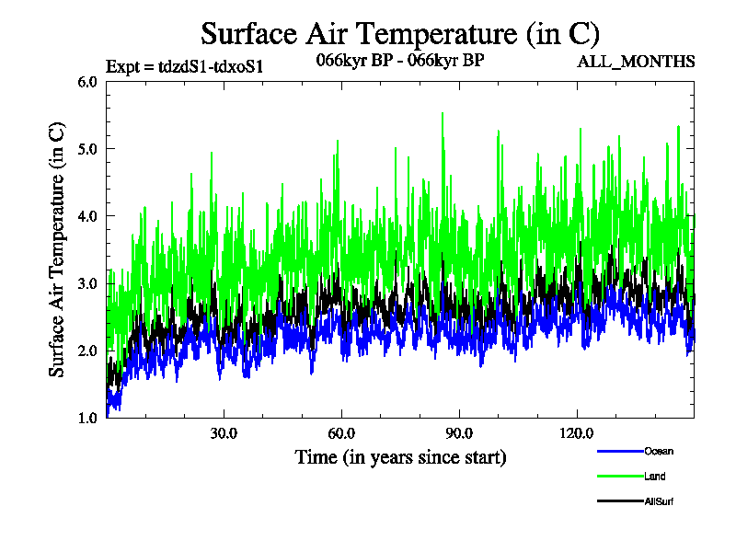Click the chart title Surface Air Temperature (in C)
click(400, 34)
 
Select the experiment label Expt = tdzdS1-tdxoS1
click(186, 66)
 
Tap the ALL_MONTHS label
click(636, 62)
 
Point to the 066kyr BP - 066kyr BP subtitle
click(399, 61)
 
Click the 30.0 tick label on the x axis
click(224, 434)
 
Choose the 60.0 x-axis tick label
click(341, 434)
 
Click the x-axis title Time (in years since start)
click(400, 457)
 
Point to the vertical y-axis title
click(57, 249)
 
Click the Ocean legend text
click(658, 452)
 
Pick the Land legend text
click(654, 477)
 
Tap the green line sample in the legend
click(618, 477)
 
